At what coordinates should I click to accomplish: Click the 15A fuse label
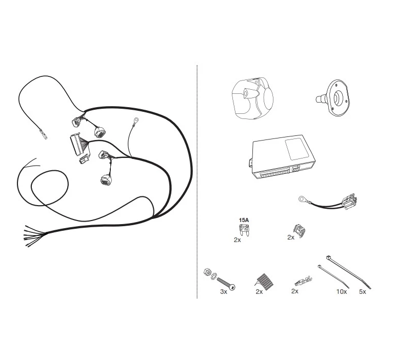tap(244, 220)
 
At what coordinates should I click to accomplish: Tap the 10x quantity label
tap(342, 291)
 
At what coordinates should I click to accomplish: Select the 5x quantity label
tap(363, 291)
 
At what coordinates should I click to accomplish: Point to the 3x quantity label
tap(224, 291)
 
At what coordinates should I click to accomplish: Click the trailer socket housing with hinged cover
tap(252, 98)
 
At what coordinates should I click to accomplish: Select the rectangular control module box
tap(283, 156)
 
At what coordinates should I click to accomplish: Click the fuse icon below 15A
tap(244, 230)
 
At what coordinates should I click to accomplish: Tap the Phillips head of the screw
tap(233, 287)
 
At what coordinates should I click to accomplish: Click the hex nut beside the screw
tap(207, 272)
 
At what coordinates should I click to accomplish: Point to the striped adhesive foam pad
tap(264, 281)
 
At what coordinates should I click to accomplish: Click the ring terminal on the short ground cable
tap(302, 199)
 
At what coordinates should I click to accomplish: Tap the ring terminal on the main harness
tap(136, 120)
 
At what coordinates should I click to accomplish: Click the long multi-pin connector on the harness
tap(76, 145)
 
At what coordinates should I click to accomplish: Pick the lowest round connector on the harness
tap(106, 180)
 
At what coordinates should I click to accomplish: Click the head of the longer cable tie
tap(328, 258)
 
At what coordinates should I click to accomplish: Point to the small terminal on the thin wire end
tap(43, 134)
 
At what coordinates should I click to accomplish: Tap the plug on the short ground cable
tap(349, 202)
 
